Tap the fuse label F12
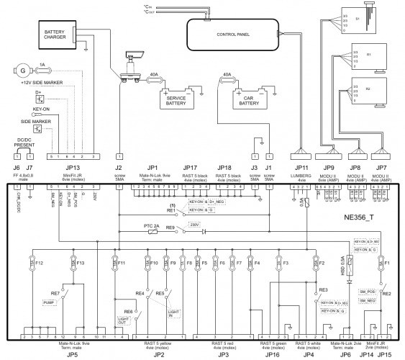coord(39,264)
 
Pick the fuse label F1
coord(386,264)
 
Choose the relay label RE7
coord(55,294)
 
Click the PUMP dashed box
coord(48,303)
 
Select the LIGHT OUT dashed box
coord(124,322)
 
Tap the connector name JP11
coord(301,168)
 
